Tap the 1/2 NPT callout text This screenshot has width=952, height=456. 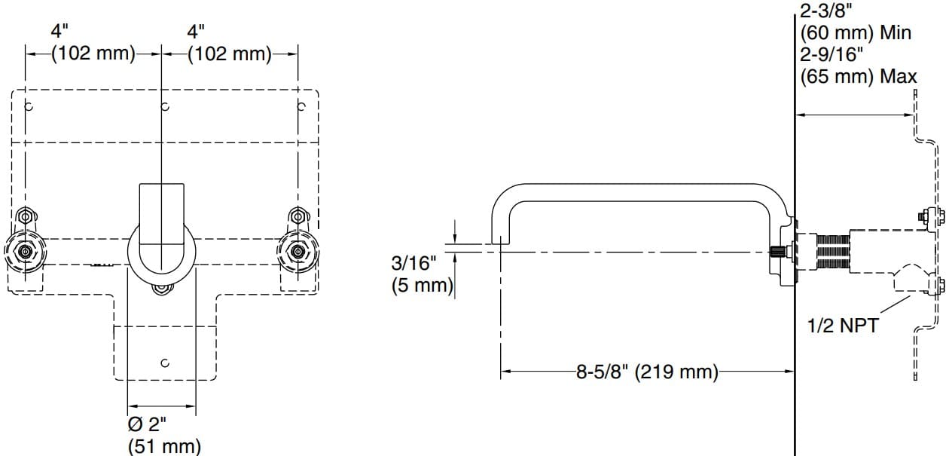pos(842,326)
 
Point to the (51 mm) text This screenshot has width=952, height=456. pos(165,445)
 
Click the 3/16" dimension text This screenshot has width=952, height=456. pos(413,263)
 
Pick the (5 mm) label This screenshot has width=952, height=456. pos(422,286)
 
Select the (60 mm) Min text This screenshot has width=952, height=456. pos(856,34)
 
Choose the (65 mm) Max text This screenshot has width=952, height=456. pos(859,76)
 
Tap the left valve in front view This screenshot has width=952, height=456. pos(25,252)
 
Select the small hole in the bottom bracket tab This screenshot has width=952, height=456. pos(164,363)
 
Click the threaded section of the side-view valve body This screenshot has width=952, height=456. pos(832,252)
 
